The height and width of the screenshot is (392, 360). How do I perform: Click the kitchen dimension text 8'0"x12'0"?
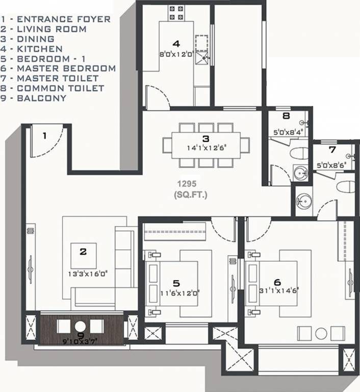coord(175,53)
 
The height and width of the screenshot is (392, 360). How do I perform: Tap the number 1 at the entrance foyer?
coord(44,136)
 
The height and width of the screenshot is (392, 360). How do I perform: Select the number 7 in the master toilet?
coord(332,150)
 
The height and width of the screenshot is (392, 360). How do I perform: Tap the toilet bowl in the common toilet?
coord(299,153)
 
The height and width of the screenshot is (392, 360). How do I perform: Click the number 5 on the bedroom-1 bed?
coord(176,283)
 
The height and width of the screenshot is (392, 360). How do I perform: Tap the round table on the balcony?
coord(80,327)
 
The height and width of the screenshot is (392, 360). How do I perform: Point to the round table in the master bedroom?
coord(321,333)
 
